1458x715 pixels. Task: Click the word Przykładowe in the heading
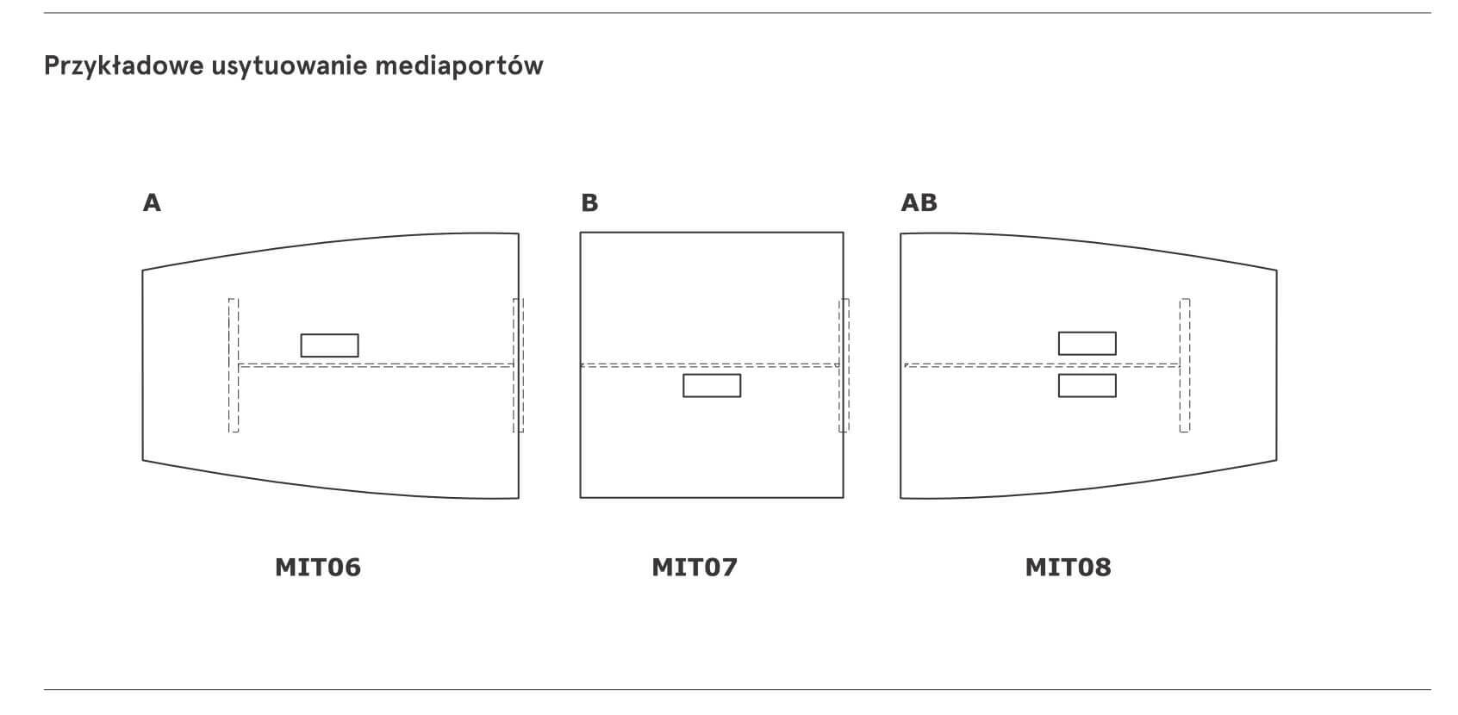(x=124, y=66)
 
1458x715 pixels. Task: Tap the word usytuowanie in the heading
(x=290, y=66)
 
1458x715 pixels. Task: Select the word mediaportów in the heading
(x=459, y=66)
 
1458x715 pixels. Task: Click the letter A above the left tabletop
(x=152, y=203)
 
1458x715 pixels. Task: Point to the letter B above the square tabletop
(x=589, y=203)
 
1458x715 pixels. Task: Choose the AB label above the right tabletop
(x=919, y=203)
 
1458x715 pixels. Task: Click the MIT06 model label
(x=318, y=568)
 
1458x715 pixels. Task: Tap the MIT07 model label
(x=695, y=568)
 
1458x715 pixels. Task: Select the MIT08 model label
(x=1069, y=568)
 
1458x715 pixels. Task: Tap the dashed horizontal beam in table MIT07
(x=709, y=365)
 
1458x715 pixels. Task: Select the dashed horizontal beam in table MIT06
(x=377, y=365)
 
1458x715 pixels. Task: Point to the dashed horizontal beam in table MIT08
(x=1042, y=365)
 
